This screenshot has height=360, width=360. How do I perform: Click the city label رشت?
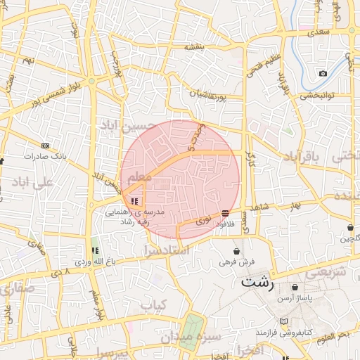[x=257, y=283]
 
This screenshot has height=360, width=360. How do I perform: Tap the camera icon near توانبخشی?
[x=323, y=74]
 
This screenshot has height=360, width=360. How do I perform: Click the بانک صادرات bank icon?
[x=46, y=146]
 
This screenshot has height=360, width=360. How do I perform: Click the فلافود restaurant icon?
[x=225, y=213]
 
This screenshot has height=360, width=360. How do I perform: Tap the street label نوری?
[x=203, y=219]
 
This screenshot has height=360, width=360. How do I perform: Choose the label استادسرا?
[x=167, y=250]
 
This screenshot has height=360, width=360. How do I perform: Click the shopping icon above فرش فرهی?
[x=236, y=251]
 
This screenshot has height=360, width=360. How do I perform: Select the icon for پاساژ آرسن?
[x=294, y=288]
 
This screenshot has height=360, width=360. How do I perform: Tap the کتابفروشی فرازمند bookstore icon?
[x=283, y=321]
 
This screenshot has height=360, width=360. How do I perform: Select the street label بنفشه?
[x=194, y=47]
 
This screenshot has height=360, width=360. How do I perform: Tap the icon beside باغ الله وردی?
[x=95, y=250]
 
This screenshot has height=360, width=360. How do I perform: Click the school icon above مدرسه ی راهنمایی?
[x=134, y=202]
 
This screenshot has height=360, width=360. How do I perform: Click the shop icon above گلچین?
[x=350, y=227]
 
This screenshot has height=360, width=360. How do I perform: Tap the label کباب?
[x=156, y=305]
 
